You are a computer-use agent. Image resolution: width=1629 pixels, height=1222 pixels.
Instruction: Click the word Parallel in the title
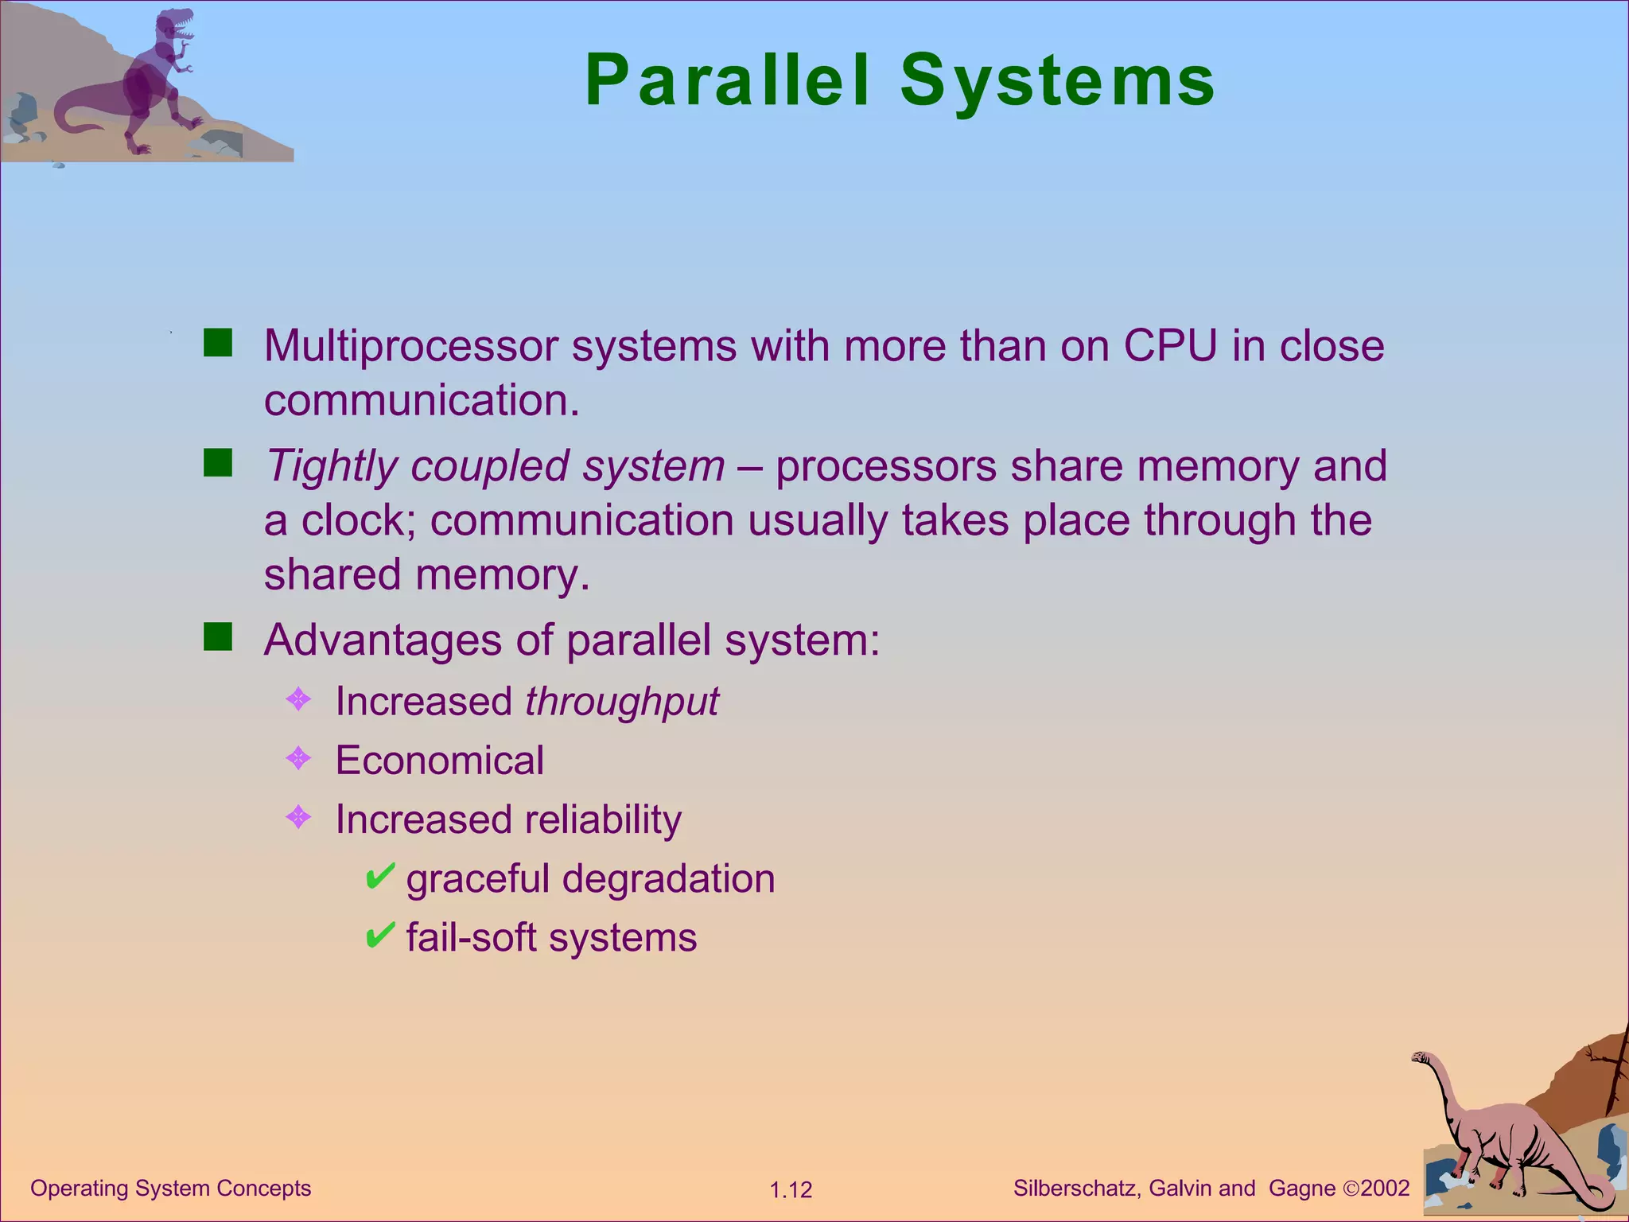(x=727, y=81)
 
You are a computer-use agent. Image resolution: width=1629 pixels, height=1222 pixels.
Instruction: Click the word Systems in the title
(x=1058, y=81)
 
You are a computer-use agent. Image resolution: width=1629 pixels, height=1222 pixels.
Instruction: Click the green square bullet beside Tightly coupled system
(x=217, y=462)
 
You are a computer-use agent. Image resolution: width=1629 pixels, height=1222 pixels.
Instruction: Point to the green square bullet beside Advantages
(x=217, y=636)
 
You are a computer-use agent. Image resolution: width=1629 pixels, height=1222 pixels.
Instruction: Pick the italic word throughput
(x=621, y=702)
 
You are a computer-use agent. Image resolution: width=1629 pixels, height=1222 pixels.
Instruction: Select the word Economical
(x=439, y=761)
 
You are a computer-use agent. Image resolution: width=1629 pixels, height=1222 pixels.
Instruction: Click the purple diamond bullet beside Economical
(x=298, y=758)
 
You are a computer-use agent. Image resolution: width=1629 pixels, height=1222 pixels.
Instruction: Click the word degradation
(x=668, y=879)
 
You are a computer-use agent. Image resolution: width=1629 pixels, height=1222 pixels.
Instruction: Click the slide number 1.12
(x=791, y=1190)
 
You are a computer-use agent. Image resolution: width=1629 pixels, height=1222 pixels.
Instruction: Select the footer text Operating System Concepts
(x=170, y=1189)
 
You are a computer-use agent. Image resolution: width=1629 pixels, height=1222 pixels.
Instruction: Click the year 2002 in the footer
(x=1385, y=1189)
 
